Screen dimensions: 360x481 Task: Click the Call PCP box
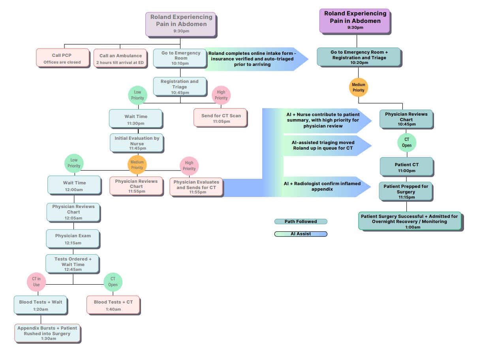[x=63, y=58]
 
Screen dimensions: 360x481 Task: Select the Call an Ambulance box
[x=120, y=58]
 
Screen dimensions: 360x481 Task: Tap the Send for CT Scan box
[x=220, y=118]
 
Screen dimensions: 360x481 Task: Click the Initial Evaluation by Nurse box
[x=137, y=143]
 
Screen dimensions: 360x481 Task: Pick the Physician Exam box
[x=73, y=239]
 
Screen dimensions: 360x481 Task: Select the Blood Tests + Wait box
[x=41, y=305]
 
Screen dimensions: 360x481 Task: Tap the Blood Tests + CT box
[x=113, y=305]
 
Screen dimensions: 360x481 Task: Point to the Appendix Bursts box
[x=47, y=333]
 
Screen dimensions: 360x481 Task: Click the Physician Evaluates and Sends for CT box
[x=196, y=187]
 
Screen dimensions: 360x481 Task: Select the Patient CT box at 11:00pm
[x=406, y=167]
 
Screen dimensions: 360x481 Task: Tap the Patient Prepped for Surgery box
[x=406, y=191]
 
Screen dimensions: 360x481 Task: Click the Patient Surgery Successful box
[x=410, y=221]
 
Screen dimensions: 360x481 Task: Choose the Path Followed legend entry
[x=301, y=221]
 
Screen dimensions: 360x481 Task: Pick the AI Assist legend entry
[x=301, y=234]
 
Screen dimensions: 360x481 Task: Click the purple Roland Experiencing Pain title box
[x=354, y=21]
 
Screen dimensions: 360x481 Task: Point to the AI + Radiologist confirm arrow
[x=324, y=186]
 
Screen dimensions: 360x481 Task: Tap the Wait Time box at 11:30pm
[x=135, y=119]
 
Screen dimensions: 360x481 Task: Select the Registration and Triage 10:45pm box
[x=180, y=86]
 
